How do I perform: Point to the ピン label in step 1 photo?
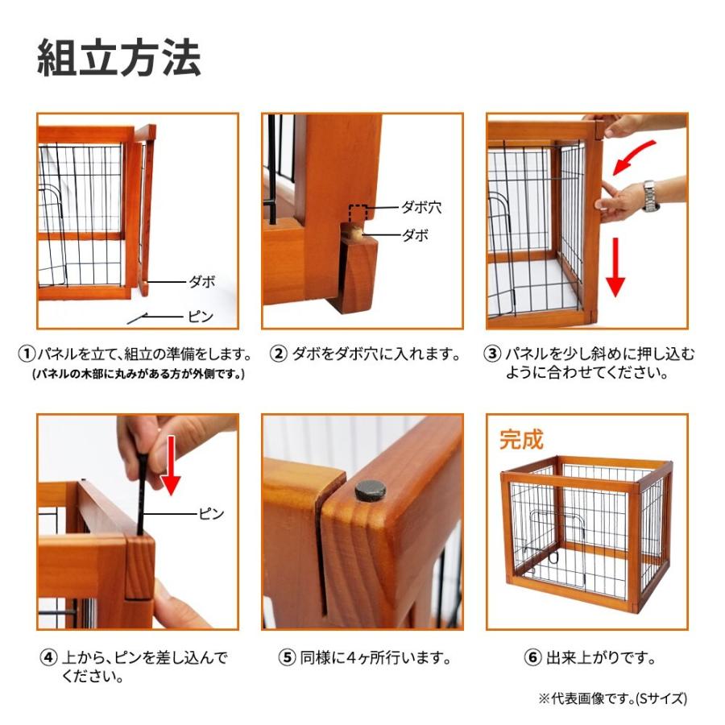pyautogui.click(x=201, y=317)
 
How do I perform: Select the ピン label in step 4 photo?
pyautogui.click(x=211, y=513)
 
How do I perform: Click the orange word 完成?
pyautogui.click(x=521, y=440)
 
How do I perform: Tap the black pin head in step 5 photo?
pyautogui.click(x=370, y=490)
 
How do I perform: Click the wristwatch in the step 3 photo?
pyautogui.click(x=650, y=196)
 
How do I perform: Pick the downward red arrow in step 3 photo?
pyautogui.click(x=615, y=267)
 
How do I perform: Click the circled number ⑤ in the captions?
pyautogui.click(x=287, y=658)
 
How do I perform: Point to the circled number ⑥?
pyautogui.click(x=532, y=658)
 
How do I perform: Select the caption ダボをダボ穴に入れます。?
pyautogui.click(x=376, y=354)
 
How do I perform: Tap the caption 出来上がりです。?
pyautogui.click(x=601, y=658)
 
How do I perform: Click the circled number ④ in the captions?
pyautogui.click(x=48, y=658)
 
